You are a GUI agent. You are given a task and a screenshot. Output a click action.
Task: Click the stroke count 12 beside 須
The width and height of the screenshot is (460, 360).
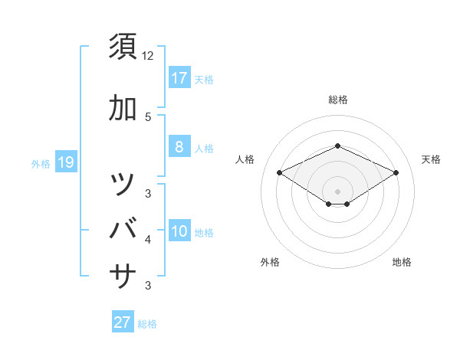(x=148, y=56)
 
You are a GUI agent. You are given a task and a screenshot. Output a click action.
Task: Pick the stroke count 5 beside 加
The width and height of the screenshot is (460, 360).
(x=148, y=116)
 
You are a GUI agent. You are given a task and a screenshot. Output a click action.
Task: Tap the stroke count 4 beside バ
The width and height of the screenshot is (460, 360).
(x=148, y=240)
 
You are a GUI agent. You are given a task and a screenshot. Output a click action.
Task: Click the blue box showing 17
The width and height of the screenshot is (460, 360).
(x=179, y=78)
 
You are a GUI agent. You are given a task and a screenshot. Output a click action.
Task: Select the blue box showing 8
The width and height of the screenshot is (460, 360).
(x=179, y=147)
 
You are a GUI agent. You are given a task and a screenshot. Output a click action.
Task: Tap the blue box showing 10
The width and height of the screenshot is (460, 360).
(x=179, y=232)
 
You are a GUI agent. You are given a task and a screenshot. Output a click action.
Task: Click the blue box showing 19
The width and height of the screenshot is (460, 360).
(x=66, y=162)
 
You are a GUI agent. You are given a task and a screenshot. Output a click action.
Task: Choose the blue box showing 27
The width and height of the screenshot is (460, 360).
(x=123, y=322)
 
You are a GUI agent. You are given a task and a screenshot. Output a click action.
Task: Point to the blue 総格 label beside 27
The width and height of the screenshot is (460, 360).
(x=147, y=324)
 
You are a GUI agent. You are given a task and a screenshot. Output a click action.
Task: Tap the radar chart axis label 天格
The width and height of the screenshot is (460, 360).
(x=431, y=159)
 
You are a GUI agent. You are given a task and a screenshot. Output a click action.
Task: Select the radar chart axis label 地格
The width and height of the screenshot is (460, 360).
(x=402, y=263)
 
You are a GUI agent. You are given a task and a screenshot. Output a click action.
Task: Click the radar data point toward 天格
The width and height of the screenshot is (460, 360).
(x=396, y=172)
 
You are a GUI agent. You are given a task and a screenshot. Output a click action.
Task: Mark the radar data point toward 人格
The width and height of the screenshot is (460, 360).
(x=279, y=172)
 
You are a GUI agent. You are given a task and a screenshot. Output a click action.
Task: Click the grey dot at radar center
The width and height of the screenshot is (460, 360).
(x=338, y=191)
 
